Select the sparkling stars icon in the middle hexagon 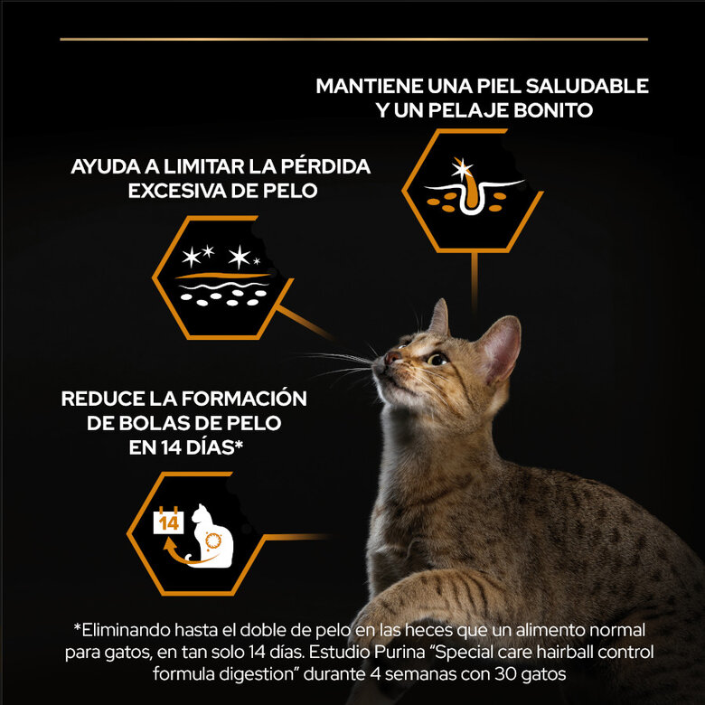[222, 258]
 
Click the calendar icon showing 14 [168, 522]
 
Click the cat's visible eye [437, 359]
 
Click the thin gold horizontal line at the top [353, 39]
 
